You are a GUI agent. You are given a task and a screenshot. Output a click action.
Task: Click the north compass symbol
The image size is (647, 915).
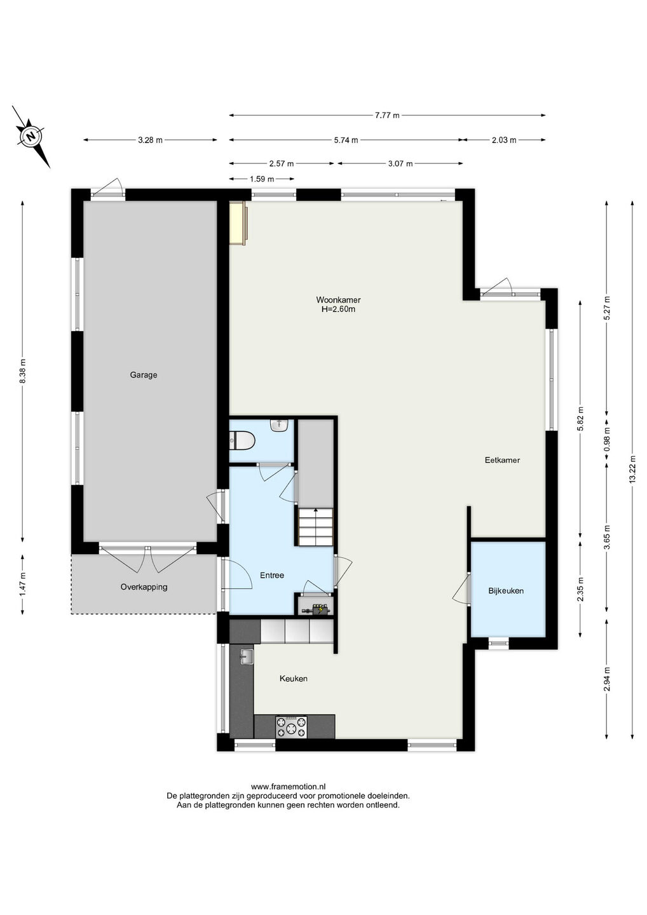[x=31, y=137]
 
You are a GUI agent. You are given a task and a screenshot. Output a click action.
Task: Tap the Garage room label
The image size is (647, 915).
[x=144, y=375]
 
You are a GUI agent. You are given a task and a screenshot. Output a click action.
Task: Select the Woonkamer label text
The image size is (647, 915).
[x=338, y=300]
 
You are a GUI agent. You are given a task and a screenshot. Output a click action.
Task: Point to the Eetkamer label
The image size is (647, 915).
[x=502, y=460]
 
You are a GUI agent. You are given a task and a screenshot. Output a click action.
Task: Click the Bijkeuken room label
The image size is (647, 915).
[x=506, y=591]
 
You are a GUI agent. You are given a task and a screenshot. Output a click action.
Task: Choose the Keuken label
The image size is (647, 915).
[x=293, y=679]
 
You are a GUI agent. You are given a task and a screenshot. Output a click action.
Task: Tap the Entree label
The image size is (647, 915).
[x=272, y=575]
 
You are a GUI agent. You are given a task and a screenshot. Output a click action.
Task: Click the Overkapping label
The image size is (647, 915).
[x=144, y=587]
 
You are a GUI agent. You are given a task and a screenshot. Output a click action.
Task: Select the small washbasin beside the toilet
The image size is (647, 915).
[x=280, y=425]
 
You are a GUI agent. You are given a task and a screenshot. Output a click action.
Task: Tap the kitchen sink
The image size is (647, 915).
[x=247, y=657]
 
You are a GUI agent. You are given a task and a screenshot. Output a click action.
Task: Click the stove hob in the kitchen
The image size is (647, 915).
[x=291, y=727]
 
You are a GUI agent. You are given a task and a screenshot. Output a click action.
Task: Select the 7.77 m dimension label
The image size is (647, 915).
[x=387, y=115]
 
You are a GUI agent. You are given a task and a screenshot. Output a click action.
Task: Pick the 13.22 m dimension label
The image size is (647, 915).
[x=632, y=470]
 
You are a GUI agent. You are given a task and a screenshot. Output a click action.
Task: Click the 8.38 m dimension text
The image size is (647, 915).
[x=22, y=371]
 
